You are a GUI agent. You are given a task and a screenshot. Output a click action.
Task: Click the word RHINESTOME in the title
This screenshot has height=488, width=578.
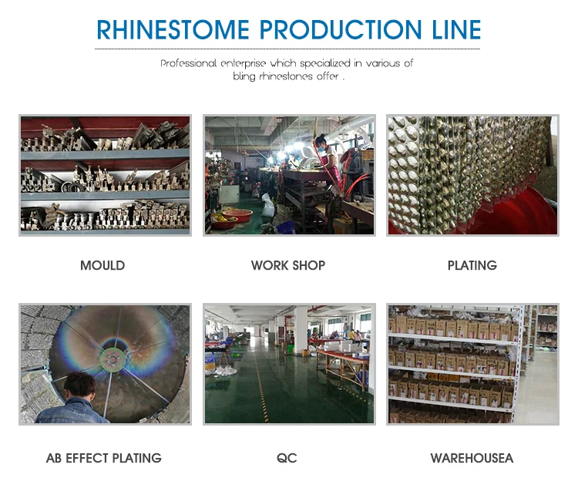[173, 29]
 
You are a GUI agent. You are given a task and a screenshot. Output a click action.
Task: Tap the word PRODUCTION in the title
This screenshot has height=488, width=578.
[341, 29]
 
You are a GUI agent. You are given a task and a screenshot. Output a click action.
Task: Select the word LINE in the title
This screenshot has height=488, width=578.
[456, 29]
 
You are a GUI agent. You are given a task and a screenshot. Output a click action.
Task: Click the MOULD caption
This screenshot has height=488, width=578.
[102, 265]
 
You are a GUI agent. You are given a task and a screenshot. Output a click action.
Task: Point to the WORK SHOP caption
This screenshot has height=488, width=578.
[288, 265]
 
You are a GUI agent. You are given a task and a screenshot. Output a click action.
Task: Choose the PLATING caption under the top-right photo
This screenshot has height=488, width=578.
[472, 265]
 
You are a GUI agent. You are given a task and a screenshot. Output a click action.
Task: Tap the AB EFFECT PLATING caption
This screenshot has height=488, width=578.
[104, 458]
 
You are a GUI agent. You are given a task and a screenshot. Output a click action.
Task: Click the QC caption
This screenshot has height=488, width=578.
[287, 458]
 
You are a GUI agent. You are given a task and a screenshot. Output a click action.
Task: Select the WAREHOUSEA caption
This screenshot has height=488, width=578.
[472, 458]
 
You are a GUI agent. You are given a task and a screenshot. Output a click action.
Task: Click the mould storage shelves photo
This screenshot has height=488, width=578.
[105, 175]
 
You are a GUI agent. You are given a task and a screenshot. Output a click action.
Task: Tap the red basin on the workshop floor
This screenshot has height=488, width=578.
[237, 214]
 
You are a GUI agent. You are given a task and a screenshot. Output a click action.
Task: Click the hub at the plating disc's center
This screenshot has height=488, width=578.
[111, 358]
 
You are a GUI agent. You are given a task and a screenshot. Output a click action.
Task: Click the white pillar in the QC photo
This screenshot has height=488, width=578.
[301, 329]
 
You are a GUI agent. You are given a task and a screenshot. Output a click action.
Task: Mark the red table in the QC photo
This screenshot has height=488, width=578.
[344, 365]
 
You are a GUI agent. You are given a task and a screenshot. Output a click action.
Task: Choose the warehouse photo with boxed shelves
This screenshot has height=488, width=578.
[472, 364]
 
